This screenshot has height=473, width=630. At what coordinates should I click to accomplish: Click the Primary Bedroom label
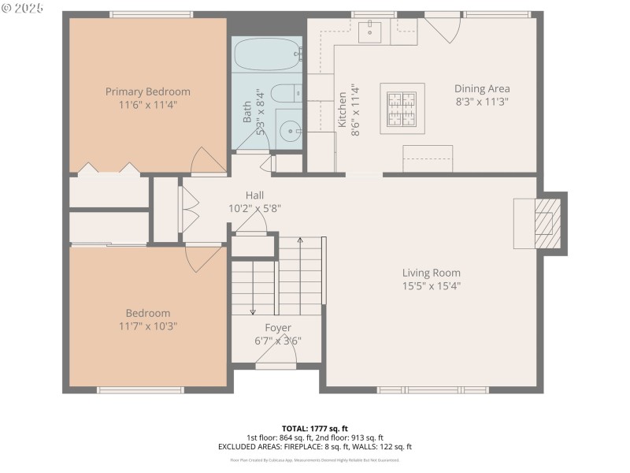point(148,91)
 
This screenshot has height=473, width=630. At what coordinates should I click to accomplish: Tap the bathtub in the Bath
point(267,56)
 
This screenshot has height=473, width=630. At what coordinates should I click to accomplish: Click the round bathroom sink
point(290,130)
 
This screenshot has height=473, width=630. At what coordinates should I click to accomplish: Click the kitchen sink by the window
point(370,32)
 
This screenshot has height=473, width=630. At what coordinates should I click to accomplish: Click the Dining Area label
point(482,89)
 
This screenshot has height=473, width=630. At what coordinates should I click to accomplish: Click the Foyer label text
point(277,328)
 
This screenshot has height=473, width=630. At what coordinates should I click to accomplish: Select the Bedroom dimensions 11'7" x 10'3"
point(148,326)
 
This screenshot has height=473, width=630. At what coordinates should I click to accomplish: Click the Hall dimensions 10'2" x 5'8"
point(254,209)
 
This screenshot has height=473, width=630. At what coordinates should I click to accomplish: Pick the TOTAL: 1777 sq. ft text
point(314,428)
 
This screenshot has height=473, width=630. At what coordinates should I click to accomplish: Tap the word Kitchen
point(343,110)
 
